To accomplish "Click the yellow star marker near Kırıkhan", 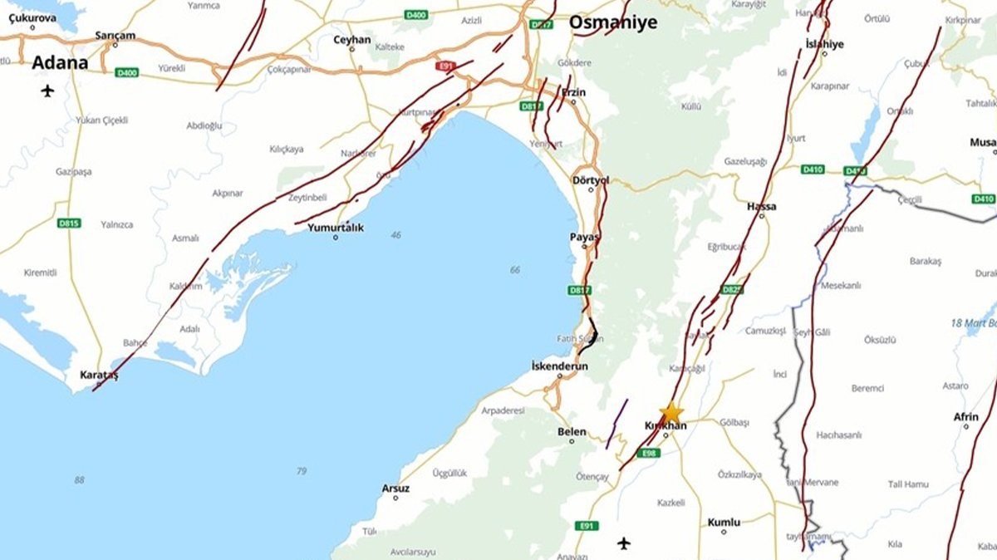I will (671, 413).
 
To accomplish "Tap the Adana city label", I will (60, 62).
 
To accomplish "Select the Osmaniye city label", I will (612, 22).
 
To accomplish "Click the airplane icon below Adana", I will (47, 91).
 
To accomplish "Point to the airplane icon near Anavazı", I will (624, 543).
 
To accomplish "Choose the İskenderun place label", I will (559, 366).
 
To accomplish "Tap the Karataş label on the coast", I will (99, 376).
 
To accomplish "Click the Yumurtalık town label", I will (336, 227).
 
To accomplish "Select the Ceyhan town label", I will (351, 39).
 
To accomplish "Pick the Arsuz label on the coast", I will (395, 488).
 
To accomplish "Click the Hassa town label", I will (762, 206).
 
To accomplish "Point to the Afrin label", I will (965, 416).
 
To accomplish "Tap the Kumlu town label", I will (723, 522).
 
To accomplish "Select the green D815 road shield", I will (68, 223).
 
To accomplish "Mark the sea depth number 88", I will (79, 479).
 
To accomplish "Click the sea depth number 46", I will (395, 235).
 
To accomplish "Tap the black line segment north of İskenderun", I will (592, 334).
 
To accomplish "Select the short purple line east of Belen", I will (616, 424).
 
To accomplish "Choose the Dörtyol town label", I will (591, 179).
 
